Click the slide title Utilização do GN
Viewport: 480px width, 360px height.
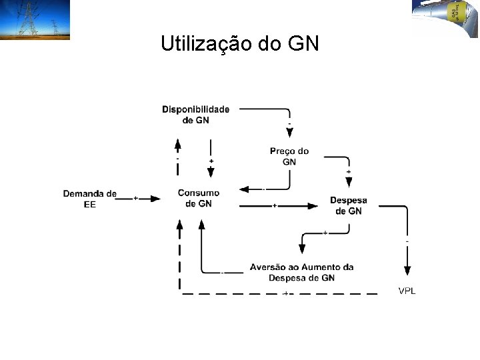240,44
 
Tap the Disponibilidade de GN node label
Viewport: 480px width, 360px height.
195,114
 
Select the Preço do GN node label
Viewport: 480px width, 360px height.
289,157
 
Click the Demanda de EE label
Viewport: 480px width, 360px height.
90,199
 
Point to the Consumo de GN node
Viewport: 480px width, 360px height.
198,198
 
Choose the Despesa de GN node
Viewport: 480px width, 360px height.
349,205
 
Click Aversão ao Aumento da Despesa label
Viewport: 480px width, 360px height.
301,272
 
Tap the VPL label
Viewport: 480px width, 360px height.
407,291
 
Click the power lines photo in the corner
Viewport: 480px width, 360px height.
35,20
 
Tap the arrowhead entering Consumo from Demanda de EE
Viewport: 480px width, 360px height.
156,198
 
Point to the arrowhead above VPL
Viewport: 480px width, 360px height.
407,269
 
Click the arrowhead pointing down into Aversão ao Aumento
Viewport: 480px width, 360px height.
302,249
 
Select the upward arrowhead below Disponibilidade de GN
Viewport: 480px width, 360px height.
178,143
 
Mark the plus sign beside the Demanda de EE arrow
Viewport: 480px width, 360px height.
136,198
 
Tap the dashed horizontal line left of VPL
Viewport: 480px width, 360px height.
280,293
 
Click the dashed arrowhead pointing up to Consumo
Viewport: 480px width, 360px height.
179,224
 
